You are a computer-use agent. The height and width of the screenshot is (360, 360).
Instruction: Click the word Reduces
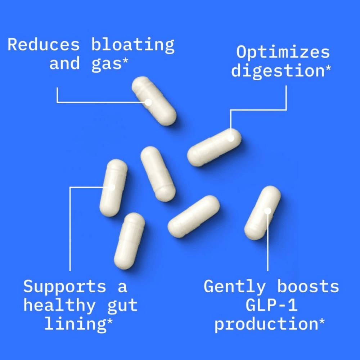pos(43,45)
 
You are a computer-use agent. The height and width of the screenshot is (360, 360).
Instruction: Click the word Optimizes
pos(283,53)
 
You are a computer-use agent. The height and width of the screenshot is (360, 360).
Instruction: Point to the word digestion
pos(278,71)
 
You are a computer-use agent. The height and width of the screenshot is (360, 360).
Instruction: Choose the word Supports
pos(65,287)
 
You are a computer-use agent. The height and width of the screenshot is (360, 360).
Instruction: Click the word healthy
pos(59,305)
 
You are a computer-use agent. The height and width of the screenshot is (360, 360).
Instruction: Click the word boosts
pos(308,287)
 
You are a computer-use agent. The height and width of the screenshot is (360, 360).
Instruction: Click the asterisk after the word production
pos(323,321)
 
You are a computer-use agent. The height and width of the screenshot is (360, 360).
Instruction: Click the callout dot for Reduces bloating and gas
pos(148,102)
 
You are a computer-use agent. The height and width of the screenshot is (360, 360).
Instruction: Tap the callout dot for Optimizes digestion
pos(231,137)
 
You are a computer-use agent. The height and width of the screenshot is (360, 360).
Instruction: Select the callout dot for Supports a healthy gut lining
pos(112,187)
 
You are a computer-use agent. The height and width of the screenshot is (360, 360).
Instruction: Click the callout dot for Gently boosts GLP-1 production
pos(267,210)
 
